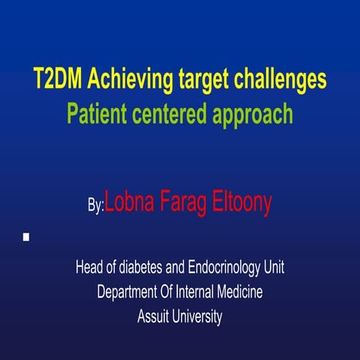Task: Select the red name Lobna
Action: click(130, 201)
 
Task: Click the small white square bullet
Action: click(26, 237)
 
